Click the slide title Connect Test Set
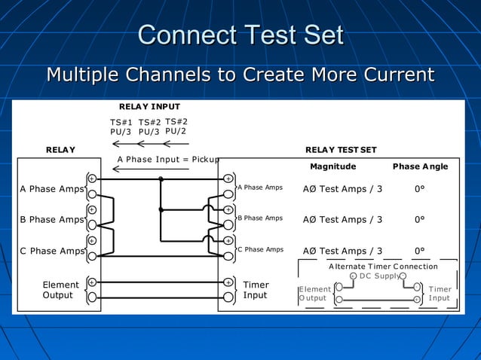240,35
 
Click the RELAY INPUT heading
149,107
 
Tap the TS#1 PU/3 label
121,127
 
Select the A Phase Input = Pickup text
168,159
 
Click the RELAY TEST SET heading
341,150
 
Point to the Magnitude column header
333,166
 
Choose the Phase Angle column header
420,166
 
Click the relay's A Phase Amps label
51,188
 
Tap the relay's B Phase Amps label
51,220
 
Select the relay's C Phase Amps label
51,251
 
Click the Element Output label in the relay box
60,290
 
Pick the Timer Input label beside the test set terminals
256,290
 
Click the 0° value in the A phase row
420,188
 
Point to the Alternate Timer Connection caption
383,267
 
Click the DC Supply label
380,276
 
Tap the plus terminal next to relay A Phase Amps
91,178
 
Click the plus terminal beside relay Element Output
91,282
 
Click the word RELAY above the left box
60,150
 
